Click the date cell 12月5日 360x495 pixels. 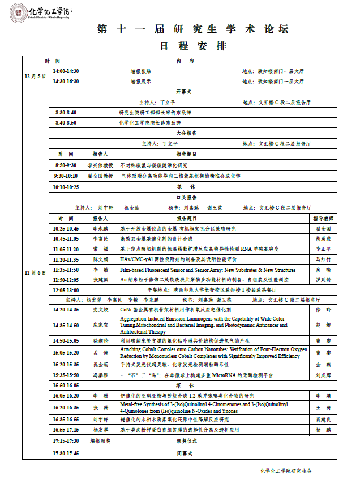tap(36, 76)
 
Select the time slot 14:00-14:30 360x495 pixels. tap(66, 71)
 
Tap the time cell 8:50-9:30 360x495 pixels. tap(66, 165)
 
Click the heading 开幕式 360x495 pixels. tap(185, 91)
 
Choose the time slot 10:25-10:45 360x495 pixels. tap(66, 228)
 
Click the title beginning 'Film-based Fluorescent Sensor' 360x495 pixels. tap(208, 270)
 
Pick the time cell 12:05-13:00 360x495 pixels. tap(66, 290)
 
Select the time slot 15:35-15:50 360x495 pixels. tap(66, 375)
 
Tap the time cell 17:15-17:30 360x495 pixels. tap(66, 441)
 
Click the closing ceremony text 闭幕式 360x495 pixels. tap(185, 454)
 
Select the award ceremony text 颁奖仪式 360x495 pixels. tap(186, 441)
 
